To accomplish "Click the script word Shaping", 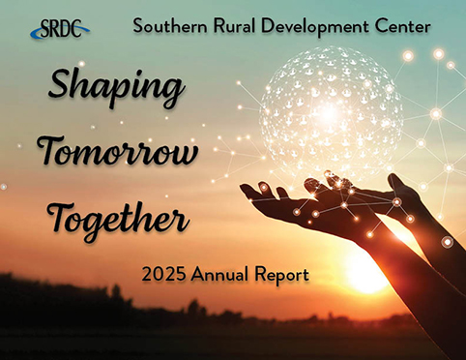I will (115, 90).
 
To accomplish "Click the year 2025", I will (160, 275).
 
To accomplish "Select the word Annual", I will (218, 275).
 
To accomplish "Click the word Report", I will (279, 276).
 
